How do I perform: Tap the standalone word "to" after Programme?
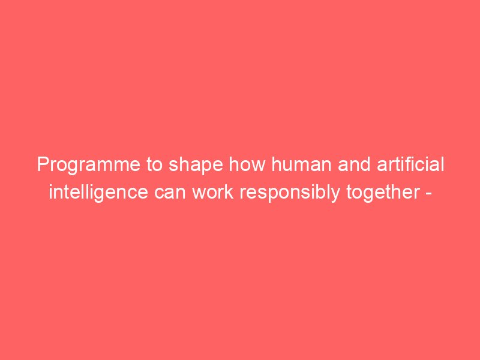(155, 164)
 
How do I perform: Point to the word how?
(247, 164)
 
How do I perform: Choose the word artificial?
(410, 164)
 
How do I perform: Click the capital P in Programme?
(43, 164)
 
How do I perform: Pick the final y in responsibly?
(335, 196)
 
